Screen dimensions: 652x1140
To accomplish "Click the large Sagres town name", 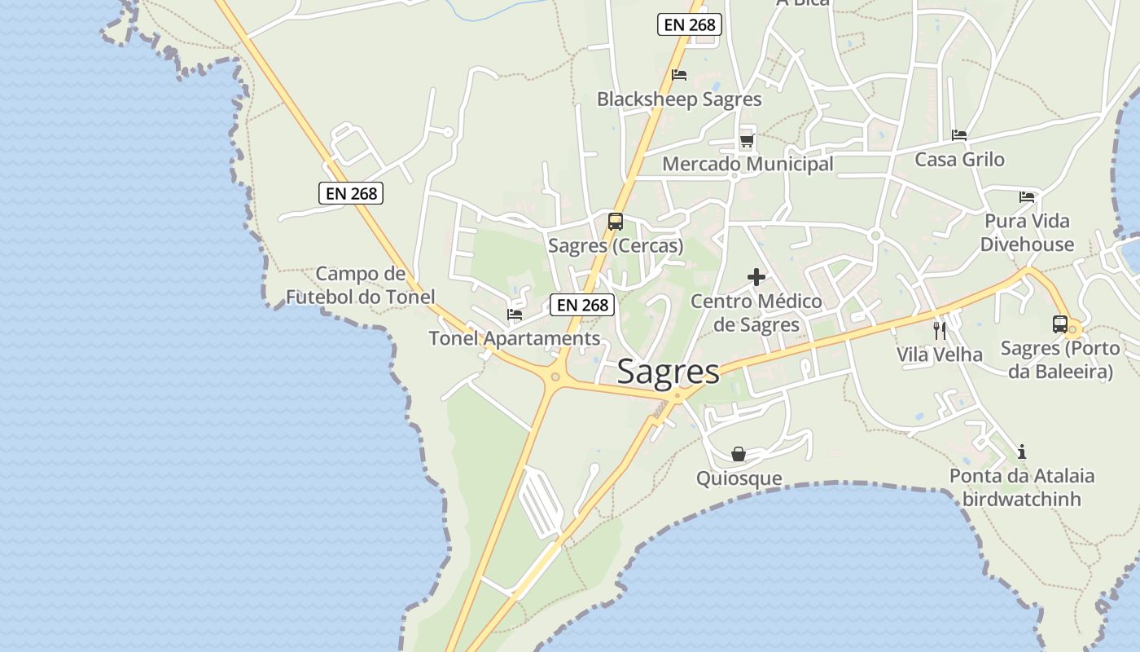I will point(668,372).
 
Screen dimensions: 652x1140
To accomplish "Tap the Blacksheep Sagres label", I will point(679,99).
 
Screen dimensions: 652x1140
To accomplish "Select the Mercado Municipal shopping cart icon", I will point(747,140).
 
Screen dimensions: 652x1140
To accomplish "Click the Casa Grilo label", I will point(959,159).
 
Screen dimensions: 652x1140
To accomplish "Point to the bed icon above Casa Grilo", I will point(959,135).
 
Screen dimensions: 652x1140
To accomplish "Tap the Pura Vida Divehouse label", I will point(1027,232).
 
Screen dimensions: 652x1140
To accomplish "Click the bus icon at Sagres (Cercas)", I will point(616,222).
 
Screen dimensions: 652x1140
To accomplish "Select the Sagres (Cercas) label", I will point(616,245).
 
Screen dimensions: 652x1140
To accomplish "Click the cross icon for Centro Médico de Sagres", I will point(756,277).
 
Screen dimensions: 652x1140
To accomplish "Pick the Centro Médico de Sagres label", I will point(756,313).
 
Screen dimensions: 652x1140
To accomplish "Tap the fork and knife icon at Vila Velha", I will point(940,330).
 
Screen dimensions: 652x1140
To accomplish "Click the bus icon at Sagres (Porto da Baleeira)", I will point(1059,324).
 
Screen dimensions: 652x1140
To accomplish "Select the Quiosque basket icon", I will point(739,454).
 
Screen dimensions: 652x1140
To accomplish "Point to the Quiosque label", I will point(739,478).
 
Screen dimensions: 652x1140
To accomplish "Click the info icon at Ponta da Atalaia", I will point(1022,452).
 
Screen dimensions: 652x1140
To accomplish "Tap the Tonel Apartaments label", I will point(515,338).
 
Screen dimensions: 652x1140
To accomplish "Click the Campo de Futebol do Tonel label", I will point(360,285).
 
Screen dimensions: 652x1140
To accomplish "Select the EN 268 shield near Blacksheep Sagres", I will point(690,24).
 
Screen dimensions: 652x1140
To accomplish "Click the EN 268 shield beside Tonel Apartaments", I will point(582,305).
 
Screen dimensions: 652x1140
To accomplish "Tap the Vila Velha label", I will point(940,355).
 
